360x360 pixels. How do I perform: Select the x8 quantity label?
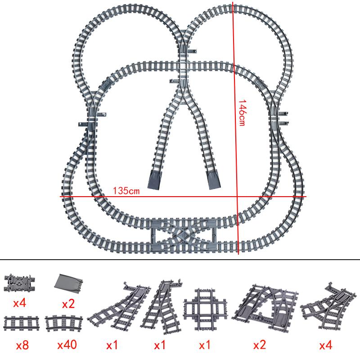22,346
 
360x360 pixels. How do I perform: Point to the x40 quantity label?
67,346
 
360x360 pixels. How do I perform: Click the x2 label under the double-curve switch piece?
260,346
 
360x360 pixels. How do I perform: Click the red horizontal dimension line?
180,197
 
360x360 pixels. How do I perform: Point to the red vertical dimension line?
235,135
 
